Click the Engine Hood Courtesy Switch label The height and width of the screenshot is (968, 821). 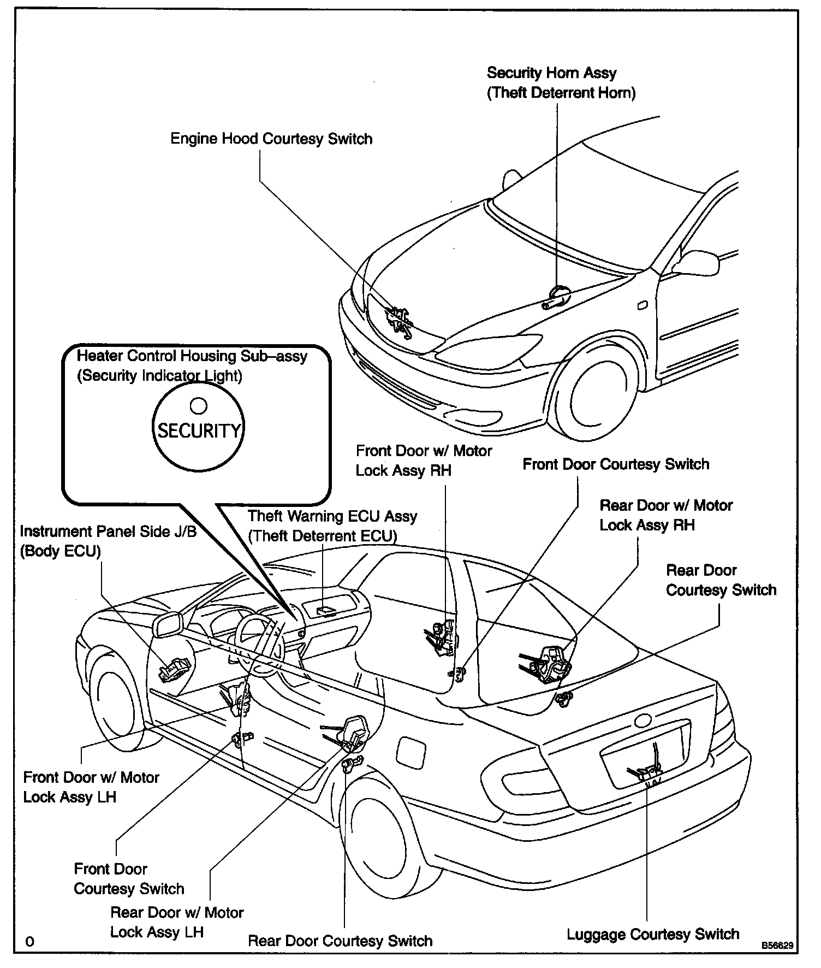coord(271,139)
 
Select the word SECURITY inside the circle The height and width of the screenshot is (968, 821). coord(199,431)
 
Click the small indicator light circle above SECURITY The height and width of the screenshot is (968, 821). coord(198,405)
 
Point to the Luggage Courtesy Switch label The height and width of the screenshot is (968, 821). coord(652,934)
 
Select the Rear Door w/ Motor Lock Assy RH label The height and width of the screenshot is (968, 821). coord(665,515)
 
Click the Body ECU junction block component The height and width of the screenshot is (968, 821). coord(174,668)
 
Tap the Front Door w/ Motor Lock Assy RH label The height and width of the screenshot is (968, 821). coord(423,461)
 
